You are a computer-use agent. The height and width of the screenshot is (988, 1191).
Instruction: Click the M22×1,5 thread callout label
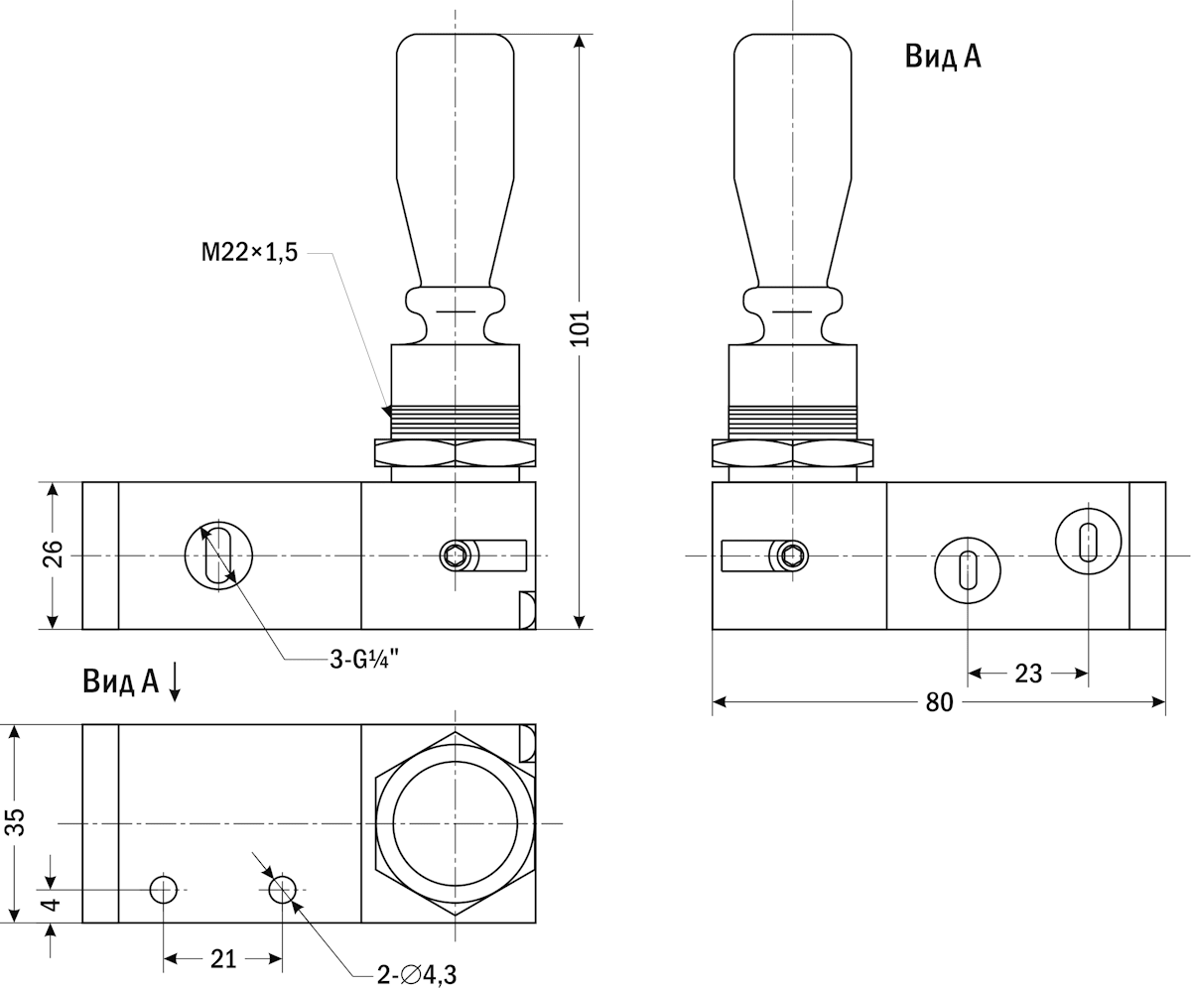click(249, 254)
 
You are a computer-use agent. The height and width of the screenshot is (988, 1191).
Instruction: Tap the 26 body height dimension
click(54, 555)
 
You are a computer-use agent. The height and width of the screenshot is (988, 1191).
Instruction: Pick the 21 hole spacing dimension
click(223, 958)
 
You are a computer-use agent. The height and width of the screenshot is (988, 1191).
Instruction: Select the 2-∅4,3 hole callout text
click(423, 974)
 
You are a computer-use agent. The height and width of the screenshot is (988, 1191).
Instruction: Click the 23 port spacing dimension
click(1028, 674)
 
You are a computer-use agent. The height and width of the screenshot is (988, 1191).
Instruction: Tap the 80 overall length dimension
click(939, 702)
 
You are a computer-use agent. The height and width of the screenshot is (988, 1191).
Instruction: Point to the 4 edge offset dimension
click(54, 904)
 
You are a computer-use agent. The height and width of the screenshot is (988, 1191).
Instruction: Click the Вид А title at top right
click(942, 57)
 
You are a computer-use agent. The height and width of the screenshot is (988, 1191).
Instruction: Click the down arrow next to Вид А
click(175, 681)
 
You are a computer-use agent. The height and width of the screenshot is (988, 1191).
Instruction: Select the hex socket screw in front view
click(456, 556)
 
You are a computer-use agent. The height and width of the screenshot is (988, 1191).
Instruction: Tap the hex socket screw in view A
click(793, 556)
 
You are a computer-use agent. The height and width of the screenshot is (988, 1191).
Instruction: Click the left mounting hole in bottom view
click(164, 890)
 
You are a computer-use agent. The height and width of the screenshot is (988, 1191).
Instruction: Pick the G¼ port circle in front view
click(218, 555)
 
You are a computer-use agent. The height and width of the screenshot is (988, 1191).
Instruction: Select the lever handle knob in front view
click(456, 149)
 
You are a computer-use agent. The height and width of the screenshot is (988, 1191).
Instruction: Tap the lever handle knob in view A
click(793, 149)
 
